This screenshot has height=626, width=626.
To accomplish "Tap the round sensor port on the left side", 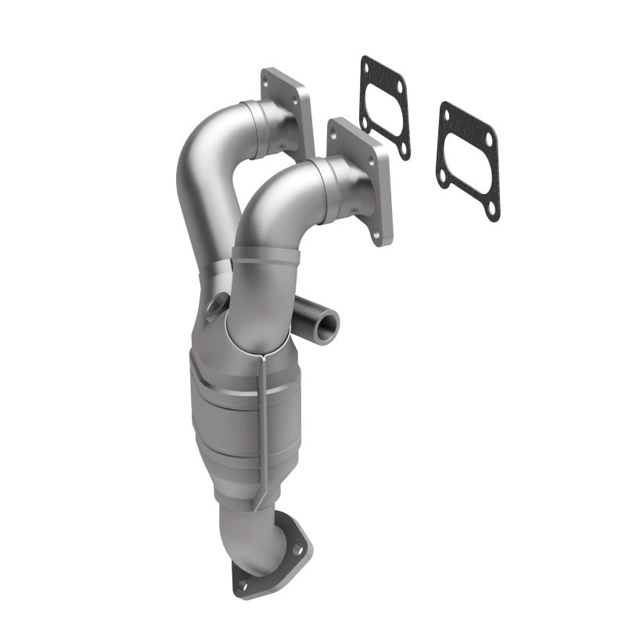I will pos(216,304).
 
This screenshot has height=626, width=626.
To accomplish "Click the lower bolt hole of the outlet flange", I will pos(243,584).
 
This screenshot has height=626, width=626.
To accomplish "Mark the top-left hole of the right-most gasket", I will pos(448,114).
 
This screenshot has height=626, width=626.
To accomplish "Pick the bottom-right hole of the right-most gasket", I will pos(491,210).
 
